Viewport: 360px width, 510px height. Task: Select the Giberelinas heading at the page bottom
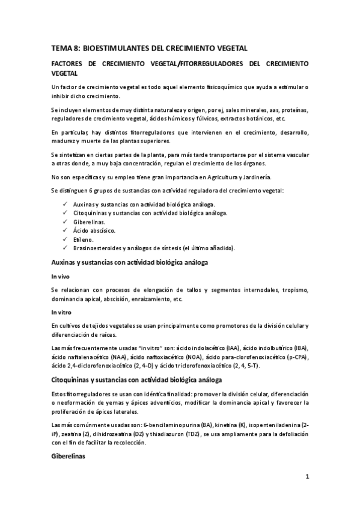[69, 456]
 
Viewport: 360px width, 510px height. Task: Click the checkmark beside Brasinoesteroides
[64, 248]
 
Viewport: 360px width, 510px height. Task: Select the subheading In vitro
[62, 313]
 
